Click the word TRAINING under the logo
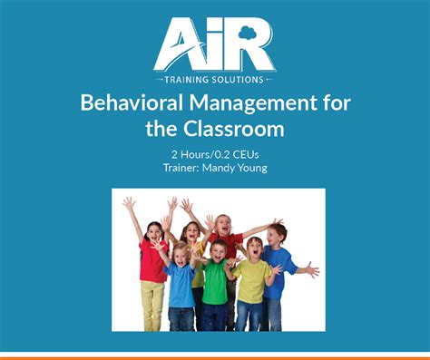pyautogui.click(x=186, y=79)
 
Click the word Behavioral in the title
pyautogui.click(x=131, y=102)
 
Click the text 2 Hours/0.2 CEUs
pyautogui.click(x=214, y=154)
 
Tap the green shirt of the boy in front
pyautogui.click(x=214, y=284)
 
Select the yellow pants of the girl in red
pyautogui.click(x=151, y=305)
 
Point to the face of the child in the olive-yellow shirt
pyautogui.click(x=255, y=248)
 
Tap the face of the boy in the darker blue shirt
pyautogui.click(x=278, y=234)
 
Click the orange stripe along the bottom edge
pyautogui.click(x=215, y=356)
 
